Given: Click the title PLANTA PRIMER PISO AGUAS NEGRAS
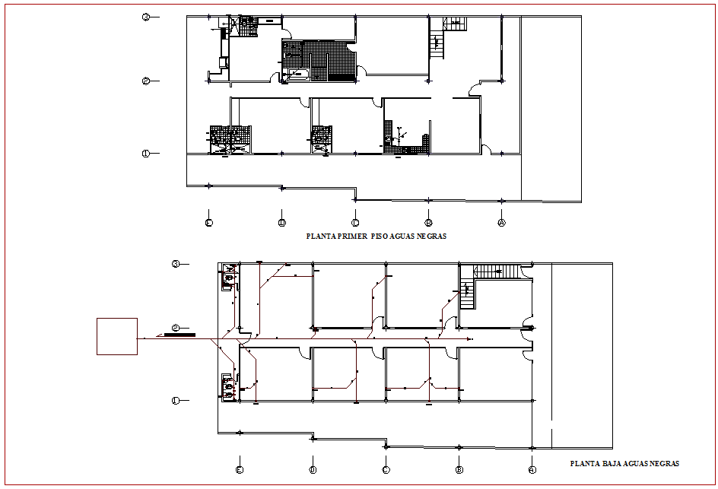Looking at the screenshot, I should click(376, 237).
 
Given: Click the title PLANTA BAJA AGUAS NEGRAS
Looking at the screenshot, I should click(624, 463).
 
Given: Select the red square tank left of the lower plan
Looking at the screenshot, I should click(116, 336).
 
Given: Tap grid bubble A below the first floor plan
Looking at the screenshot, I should click(501, 223).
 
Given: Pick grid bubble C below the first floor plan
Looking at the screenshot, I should click(355, 223).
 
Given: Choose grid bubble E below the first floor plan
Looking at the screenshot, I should click(208, 223).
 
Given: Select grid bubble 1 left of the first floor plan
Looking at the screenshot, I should click(145, 154).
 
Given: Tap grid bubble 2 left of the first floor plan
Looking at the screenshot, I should click(145, 81).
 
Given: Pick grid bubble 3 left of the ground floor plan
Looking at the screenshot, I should click(175, 264).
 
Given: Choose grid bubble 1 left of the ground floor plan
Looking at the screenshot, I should click(175, 400).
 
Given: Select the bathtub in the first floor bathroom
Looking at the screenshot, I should click(294, 74).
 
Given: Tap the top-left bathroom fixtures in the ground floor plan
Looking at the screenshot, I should click(227, 278).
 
